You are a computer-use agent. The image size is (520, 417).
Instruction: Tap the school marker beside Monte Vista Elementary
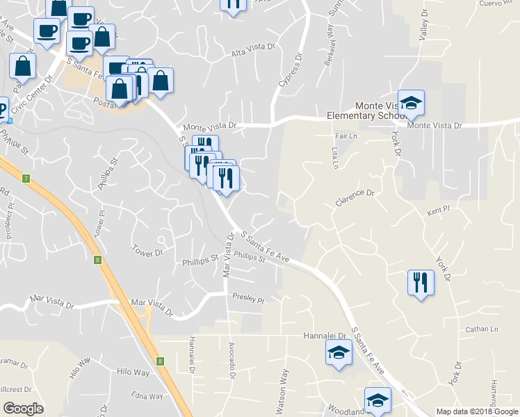411,103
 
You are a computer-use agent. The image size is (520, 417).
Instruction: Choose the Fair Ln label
346,137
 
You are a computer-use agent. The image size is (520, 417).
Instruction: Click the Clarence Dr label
355,198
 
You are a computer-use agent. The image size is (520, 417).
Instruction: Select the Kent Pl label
439,208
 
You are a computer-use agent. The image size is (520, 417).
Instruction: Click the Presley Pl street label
249,300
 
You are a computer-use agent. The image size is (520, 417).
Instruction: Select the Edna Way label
147,396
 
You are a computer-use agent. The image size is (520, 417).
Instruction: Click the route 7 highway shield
26,179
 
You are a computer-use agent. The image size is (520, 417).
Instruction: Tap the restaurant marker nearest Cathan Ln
420,282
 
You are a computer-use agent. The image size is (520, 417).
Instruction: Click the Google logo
23,408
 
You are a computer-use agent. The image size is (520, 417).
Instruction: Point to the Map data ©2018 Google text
476,411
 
